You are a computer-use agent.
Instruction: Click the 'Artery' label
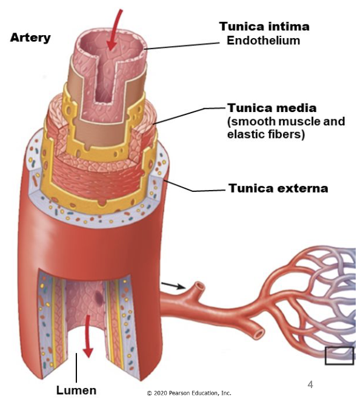pyautogui.click(x=30, y=38)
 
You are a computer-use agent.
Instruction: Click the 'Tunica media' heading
pyautogui.click(x=272, y=108)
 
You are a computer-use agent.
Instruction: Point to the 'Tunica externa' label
pyautogui.click(x=278, y=188)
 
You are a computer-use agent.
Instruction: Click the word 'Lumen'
pyautogui.click(x=76, y=390)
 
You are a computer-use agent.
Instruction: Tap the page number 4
pyautogui.click(x=310, y=384)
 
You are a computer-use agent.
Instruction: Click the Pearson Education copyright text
pyautogui.click(x=189, y=393)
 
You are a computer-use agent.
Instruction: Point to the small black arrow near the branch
pyautogui.click(x=173, y=286)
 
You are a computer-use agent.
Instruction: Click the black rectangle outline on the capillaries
pyautogui.click(x=339, y=355)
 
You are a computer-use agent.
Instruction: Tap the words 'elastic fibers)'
pyautogui.click(x=265, y=134)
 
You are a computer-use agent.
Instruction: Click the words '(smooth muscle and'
pyautogui.click(x=285, y=122)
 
